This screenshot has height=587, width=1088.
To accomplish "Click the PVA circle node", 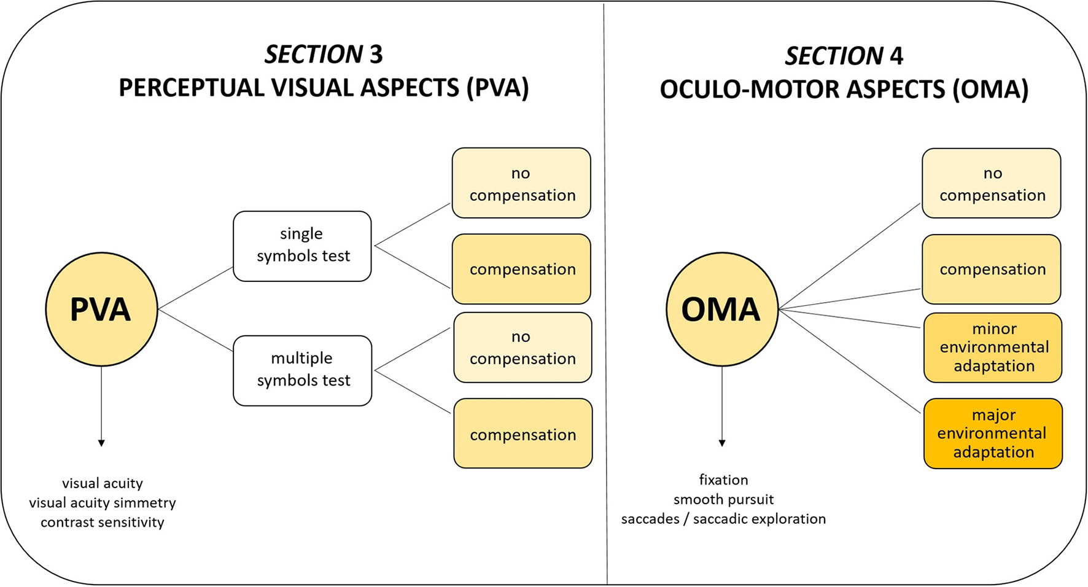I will [101, 309].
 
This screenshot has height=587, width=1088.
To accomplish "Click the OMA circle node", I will [722, 309].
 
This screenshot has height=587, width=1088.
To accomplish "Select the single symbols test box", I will [302, 246].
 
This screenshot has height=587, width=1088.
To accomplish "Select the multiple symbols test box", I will [303, 370].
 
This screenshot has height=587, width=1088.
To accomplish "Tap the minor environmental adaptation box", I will [993, 348].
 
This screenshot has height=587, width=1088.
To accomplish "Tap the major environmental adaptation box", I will [993, 433].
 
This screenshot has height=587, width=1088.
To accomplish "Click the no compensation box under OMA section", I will [992, 184].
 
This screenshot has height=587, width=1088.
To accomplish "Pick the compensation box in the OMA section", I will [992, 269].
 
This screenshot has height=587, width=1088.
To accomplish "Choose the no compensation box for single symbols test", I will [521, 183].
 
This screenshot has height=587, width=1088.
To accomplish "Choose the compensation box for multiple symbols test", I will [523, 433].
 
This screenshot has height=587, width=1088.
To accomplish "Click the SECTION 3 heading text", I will [324, 55].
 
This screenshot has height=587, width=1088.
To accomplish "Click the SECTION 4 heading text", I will [844, 56].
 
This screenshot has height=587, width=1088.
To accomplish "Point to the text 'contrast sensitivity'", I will [103, 523].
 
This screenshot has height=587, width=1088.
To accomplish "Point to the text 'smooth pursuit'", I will [723, 499].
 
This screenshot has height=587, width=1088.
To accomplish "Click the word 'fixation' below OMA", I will [723, 480].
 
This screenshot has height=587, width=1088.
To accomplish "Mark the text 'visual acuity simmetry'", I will [103, 503].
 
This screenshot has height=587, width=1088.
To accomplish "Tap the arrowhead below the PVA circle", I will [101, 443].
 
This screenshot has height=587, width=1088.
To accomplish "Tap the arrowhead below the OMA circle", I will [722, 443].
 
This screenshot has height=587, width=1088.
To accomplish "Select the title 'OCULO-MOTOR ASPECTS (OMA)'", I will [844, 90].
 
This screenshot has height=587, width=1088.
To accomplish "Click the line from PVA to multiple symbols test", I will [195, 330].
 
